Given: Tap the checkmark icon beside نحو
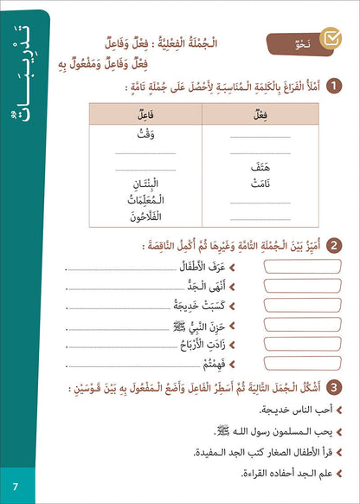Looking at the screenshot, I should (330, 41).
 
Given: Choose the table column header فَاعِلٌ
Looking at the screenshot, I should (145, 113).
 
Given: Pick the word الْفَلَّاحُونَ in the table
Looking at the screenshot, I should (145, 217).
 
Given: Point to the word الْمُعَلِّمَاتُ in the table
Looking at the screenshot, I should (145, 202).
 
